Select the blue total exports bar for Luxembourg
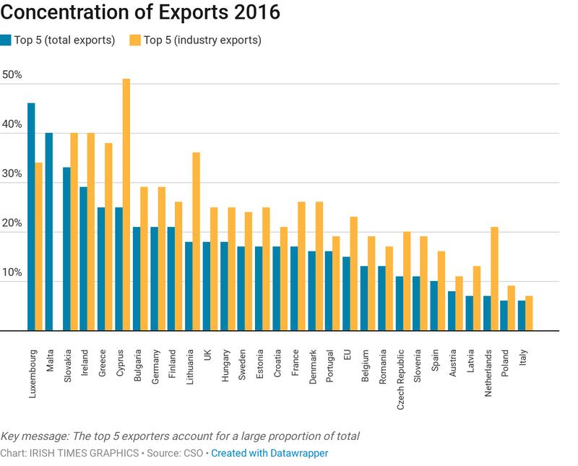[x=31, y=217]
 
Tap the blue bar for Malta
[x=49, y=232]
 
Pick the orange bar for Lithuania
[x=196, y=241]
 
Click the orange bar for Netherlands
[x=494, y=279]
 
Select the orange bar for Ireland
[x=91, y=232]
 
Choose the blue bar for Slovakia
[x=66, y=249]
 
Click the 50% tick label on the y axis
[x=12, y=75]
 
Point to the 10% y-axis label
[x=12, y=273]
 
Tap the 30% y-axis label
[x=12, y=174]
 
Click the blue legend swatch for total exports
[x=6, y=40]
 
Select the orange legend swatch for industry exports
[x=134, y=40]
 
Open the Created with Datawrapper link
[x=269, y=453]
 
